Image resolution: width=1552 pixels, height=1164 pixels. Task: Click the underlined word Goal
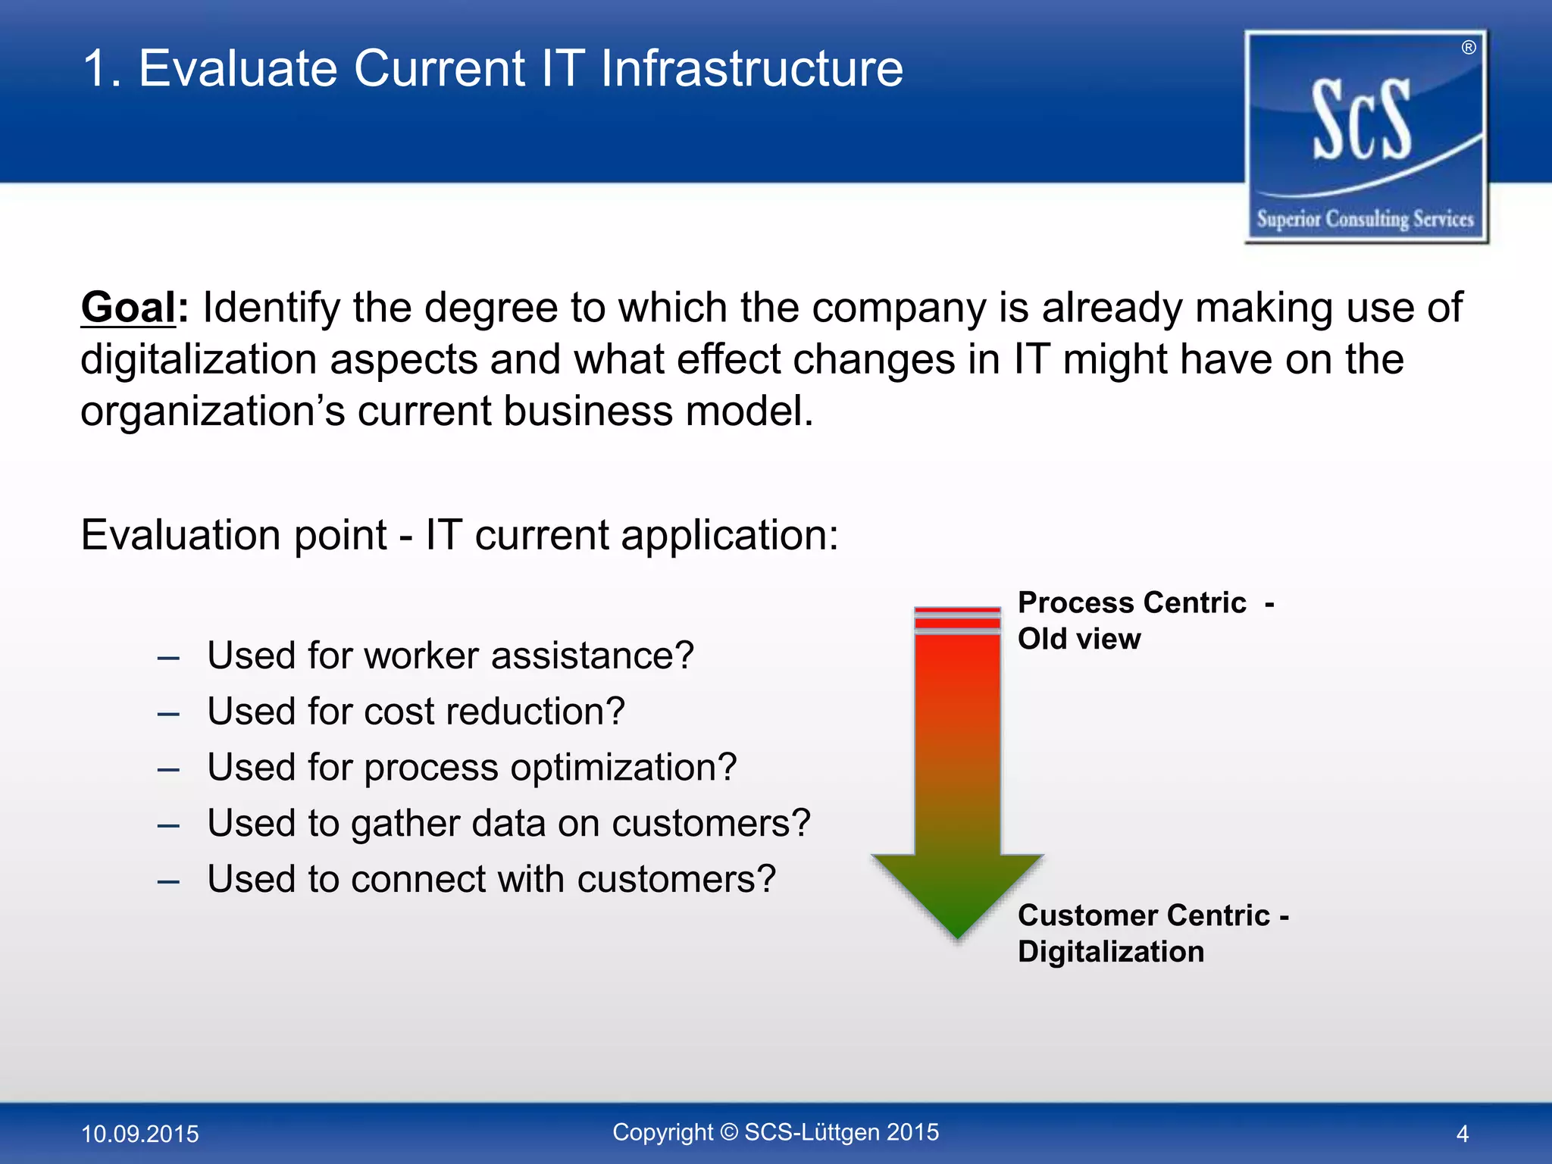tap(128, 308)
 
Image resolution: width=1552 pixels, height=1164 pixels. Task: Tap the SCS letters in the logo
tap(1362, 121)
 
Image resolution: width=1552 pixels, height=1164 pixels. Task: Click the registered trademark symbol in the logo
tap(1469, 48)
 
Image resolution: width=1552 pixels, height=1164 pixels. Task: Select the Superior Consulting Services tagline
tap(1365, 219)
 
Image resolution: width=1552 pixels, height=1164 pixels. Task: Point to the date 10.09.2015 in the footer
tap(140, 1134)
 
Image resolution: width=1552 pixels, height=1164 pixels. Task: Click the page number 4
tap(1462, 1134)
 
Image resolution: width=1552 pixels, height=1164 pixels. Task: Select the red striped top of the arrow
tap(957, 620)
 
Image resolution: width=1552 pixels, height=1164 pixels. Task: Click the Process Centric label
tap(1131, 602)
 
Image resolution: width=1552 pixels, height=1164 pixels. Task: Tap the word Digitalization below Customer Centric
tap(1110, 952)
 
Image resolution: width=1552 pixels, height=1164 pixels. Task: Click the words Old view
tap(1078, 639)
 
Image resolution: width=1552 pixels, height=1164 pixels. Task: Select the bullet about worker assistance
tap(450, 656)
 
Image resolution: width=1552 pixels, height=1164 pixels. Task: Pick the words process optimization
tap(550, 768)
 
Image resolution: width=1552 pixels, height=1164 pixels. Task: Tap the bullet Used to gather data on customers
tap(508, 824)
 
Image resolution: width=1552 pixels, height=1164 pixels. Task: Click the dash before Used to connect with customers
tap(168, 881)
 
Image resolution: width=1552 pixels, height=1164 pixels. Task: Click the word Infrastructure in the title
tap(751, 69)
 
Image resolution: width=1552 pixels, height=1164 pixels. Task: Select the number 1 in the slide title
tap(97, 69)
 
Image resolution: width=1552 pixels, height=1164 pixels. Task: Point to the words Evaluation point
tap(233, 535)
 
